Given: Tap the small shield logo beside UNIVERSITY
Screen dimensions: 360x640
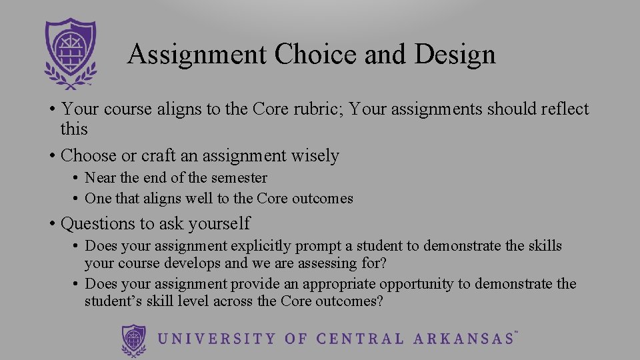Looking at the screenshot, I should (x=134, y=339).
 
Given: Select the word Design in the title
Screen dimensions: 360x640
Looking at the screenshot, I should (x=455, y=54).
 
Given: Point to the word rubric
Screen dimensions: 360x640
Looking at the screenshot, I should (x=316, y=109).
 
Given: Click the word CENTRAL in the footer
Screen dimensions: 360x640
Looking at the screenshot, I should (x=359, y=339).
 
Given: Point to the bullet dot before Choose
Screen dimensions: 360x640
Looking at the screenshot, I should (x=51, y=156).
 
